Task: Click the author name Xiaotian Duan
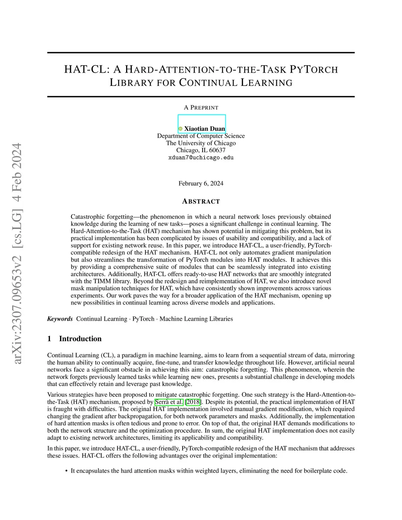point(205,129)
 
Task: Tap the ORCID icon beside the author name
point(181,129)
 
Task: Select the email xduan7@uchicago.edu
point(201,158)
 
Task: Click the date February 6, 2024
point(201,183)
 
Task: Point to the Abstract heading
point(201,201)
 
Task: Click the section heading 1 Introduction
point(74,339)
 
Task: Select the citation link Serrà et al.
point(169,402)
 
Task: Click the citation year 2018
point(193,402)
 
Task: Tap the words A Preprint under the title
point(201,108)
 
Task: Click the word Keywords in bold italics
point(60,319)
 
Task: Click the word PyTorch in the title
point(314,70)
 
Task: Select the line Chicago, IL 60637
point(201,150)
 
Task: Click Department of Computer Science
point(201,136)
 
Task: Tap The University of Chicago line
point(201,143)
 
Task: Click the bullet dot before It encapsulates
point(66,471)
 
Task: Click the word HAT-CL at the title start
point(86,70)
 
